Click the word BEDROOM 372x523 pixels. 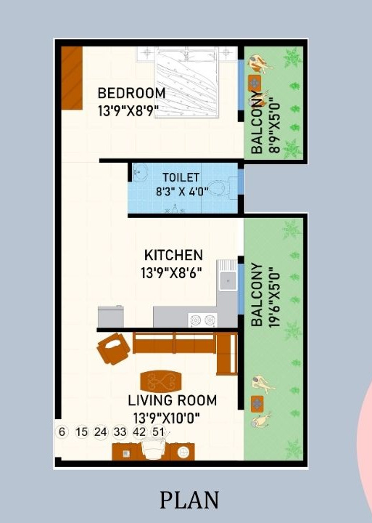point(131,93)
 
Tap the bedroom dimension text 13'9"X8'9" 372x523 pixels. point(128,110)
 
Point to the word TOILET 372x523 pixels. point(181,177)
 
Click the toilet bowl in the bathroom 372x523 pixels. point(227,185)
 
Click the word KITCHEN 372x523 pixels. point(173,255)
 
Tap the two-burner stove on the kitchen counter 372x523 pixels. point(202,319)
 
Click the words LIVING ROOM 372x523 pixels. point(172,400)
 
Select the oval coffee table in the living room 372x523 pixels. point(161,380)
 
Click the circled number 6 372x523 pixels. point(62,431)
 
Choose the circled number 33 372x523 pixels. point(120,431)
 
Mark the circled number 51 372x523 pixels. point(159,431)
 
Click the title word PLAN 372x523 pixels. point(189,500)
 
